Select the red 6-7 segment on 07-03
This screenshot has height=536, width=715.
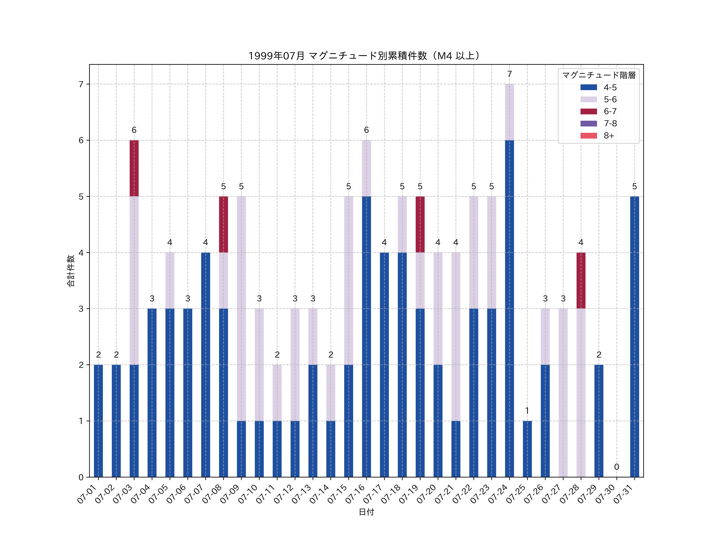134,168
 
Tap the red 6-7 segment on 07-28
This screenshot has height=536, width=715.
581,281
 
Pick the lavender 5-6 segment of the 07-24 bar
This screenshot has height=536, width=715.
509,112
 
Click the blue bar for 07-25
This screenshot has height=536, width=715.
527,449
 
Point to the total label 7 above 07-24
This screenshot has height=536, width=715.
509,74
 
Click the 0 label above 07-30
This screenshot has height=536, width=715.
616,467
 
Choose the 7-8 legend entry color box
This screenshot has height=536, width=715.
589,123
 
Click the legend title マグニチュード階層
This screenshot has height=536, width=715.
599,75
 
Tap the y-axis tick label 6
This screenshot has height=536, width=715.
81,140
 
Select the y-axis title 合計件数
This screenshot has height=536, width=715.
71,271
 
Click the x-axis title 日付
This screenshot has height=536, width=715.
366,512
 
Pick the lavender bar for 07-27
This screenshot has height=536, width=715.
563,392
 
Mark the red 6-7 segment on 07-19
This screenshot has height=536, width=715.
420,224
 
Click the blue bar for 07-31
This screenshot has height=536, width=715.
635,337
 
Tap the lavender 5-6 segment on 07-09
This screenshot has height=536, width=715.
241,308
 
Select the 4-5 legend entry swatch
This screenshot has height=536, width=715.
589,87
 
